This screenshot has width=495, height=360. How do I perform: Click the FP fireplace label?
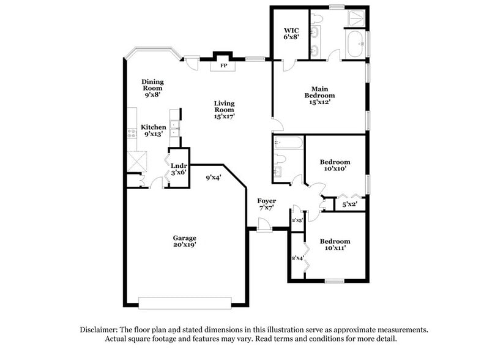[x=223, y=66]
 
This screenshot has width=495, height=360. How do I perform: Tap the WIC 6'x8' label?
[x=290, y=34]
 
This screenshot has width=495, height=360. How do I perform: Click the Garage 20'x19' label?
[x=184, y=241]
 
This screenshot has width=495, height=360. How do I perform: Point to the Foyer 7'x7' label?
[x=266, y=204]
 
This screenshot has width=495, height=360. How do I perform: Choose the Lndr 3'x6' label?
[x=178, y=169]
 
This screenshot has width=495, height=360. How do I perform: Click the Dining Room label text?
[x=152, y=86]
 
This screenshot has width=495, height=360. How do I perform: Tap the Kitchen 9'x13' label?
[x=154, y=130]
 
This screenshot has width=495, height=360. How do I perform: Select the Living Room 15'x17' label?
[x=225, y=109]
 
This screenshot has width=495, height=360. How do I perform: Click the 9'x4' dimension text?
[x=213, y=178]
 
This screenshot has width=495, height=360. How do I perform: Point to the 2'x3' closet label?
[x=297, y=220]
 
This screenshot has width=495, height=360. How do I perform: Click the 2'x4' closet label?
[x=298, y=258]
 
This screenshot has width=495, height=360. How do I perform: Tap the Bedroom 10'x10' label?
[x=335, y=165]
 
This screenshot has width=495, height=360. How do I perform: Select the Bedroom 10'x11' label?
[x=335, y=245]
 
